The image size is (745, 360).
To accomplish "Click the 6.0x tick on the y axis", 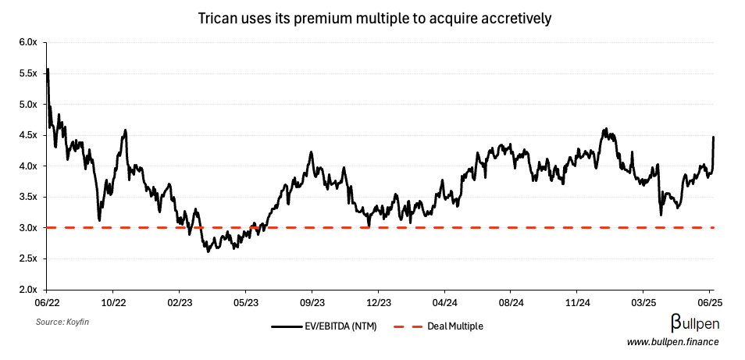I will click(x=27, y=42).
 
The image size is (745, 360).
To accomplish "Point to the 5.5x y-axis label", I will click(x=27, y=73).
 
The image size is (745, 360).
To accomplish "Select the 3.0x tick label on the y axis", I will click(x=27, y=228).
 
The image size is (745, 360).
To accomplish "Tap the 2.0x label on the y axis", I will click(x=27, y=290).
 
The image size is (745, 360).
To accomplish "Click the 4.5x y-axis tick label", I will click(x=27, y=135).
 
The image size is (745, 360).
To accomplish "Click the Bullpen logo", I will click(x=694, y=323).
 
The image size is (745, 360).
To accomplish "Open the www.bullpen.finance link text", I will click(x=672, y=342).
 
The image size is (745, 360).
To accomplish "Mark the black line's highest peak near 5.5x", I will click(x=48, y=70).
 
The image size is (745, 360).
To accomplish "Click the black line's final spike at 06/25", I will click(x=713, y=137).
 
